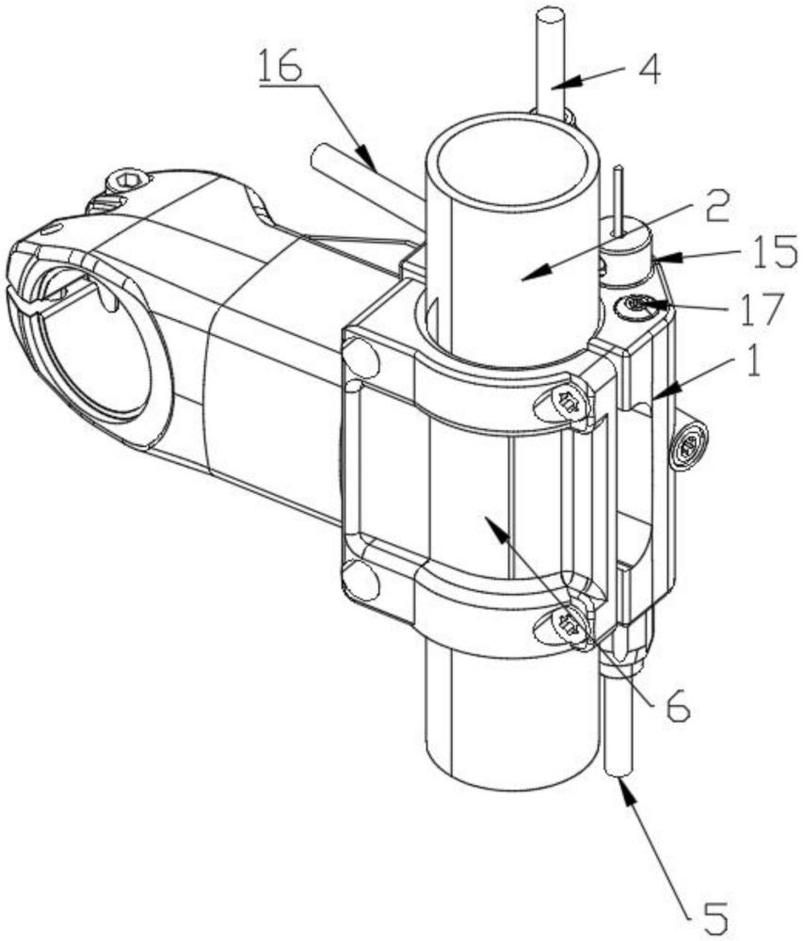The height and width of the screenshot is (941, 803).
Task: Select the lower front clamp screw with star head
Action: (x=568, y=622)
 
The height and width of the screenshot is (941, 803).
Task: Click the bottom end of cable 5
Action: (x=618, y=770)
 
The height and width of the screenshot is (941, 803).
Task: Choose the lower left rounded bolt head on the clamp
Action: (x=359, y=580)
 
